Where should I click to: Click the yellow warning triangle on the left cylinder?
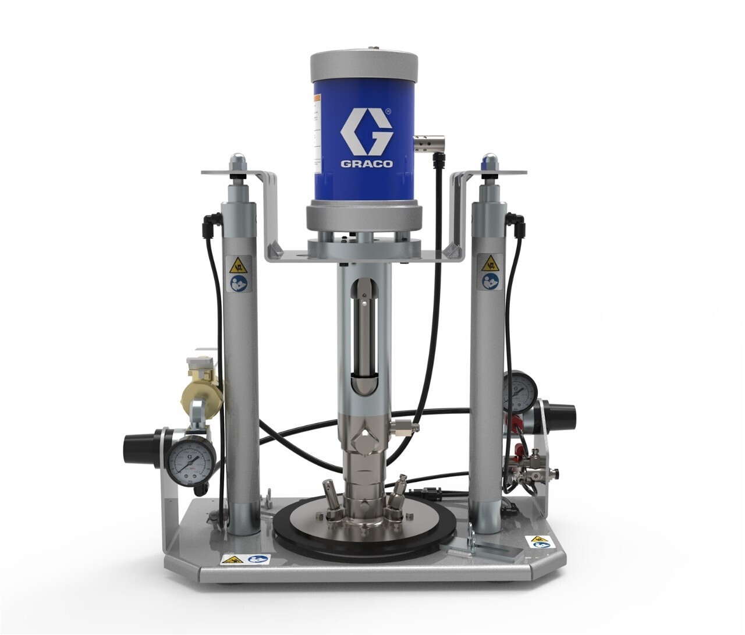point(237,268)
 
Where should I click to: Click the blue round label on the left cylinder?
point(237,285)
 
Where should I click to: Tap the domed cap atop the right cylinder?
point(490,160)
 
